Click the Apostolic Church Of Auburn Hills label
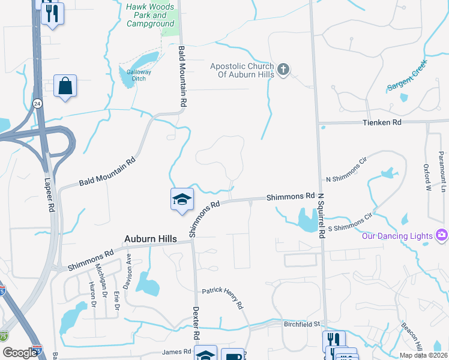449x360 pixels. coord(242,70)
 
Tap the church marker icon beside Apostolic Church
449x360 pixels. coord(283,70)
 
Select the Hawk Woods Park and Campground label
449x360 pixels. coord(151,15)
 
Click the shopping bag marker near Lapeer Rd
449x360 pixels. coord(65,86)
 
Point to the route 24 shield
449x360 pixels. coord(37,103)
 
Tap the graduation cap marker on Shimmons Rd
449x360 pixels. coord(182,200)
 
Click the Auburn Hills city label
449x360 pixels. coord(151,239)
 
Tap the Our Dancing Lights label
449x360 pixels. coord(397,236)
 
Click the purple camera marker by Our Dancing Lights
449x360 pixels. coord(442,234)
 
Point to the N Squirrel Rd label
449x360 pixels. coord(321,216)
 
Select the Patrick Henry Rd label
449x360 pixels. coord(222,298)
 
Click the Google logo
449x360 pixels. coord(19,353)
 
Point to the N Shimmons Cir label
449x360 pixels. coord(346,170)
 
